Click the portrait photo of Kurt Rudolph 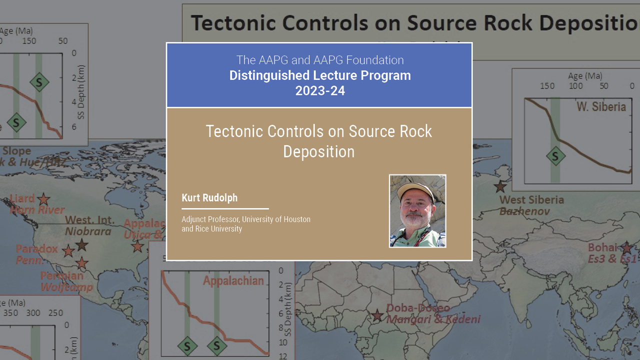[x=417, y=211]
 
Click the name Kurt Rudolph [x=209, y=198]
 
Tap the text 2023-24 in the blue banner [x=319, y=91]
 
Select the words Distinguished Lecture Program [x=319, y=75]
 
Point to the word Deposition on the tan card [x=319, y=151]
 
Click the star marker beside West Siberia [x=500, y=186]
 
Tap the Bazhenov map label [x=524, y=211]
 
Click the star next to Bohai [x=626, y=247]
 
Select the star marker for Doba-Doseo [x=377, y=315]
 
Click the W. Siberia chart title [x=601, y=106]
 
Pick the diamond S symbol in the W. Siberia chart [x=555, y=156]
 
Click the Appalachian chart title [x=233, y=280]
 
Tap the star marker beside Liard [x=44, y=199]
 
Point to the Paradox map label [x=36, y=249]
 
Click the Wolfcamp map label [x=66, y=287]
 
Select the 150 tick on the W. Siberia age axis [x=547, y=86]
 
